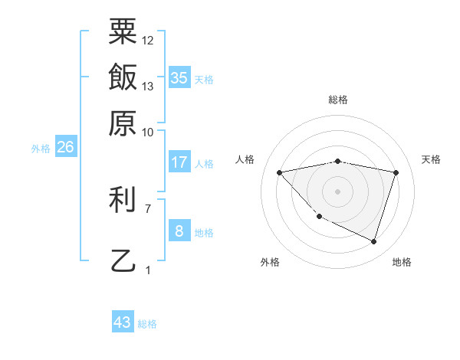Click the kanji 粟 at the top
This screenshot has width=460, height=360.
(x=123, y=32)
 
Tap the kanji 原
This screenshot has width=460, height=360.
(x=123, y=123)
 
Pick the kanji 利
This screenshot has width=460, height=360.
(x=123, y=200)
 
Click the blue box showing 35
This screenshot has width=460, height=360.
(x=179, y=77)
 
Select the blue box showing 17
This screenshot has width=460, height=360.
(x=179, y=162)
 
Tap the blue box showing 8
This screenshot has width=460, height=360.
(x=179, y=231)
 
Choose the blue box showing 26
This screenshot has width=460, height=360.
(x=65, y=148)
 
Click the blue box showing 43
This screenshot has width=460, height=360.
(x=123, y=322)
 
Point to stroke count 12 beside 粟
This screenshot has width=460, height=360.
(x=148, y=40)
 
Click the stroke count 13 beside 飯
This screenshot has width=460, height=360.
(x=148, y=86)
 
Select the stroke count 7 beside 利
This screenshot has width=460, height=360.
(x=148, y=208)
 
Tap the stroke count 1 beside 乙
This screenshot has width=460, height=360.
(x=148, y=270)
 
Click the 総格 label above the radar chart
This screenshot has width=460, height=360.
(x=337, y=100)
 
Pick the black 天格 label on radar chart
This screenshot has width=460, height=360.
(x=431, y=159)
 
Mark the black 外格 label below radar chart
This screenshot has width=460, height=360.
(x=270, y=262)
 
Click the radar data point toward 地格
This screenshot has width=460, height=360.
(x=373, y=241)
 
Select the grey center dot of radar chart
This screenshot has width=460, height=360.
(x=337, y=191)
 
